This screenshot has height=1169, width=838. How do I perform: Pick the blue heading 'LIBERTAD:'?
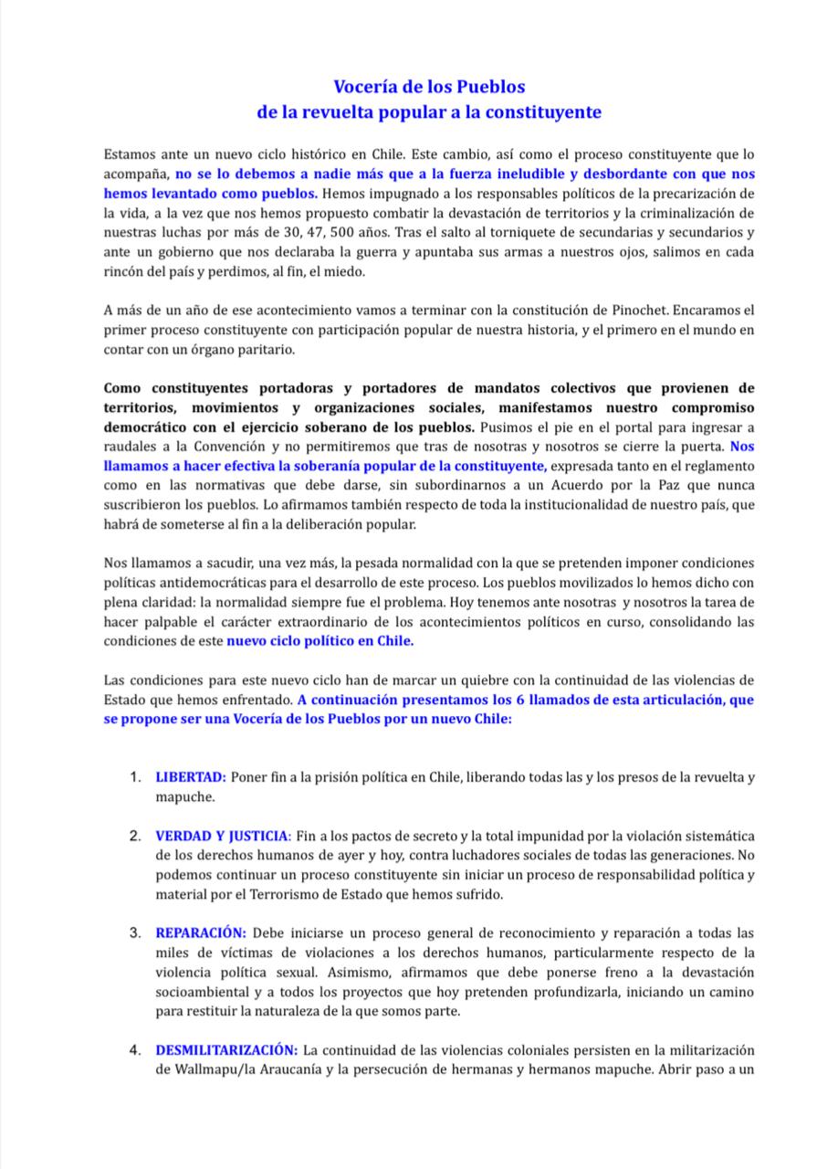tap(191, 777)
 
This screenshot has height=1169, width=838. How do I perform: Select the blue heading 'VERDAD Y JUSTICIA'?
tap(224, 837)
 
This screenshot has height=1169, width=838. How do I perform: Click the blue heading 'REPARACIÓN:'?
tap(201, 932)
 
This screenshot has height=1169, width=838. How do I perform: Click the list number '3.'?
tap(135, 932)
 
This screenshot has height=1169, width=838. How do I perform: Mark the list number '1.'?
tap(135, 777)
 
